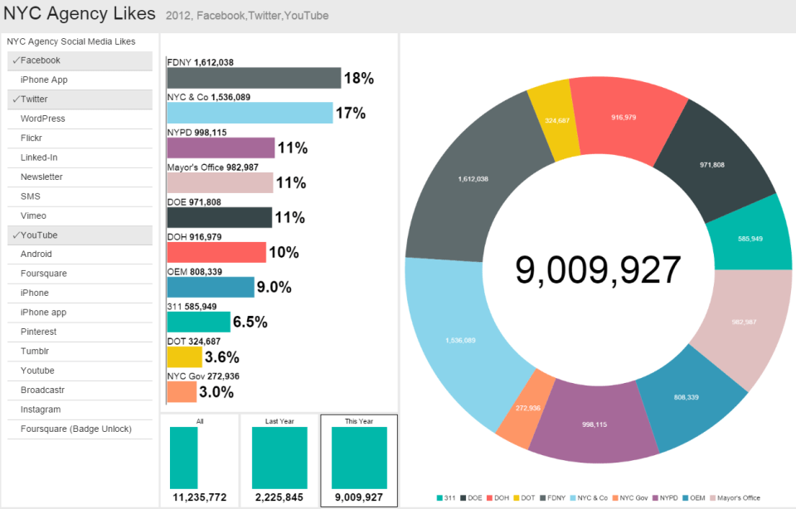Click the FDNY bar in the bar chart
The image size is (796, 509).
click(x=254, y=78)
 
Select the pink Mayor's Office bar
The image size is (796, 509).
click(x=220, y=182)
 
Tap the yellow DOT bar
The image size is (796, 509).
click(x=184, y=357)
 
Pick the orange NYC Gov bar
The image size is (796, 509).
click(x=182, y=392)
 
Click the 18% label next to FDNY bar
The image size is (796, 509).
click(x=359, y=79)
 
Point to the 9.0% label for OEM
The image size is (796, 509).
click(x=274, y=288)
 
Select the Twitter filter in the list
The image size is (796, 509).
click(x=80, y=99)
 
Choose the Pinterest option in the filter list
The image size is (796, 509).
click(x=80, y=332)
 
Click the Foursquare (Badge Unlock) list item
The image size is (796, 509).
click(x=80, y=429)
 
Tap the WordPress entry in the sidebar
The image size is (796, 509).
click(x=80, y=119)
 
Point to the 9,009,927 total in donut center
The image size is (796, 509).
click(x=598, y=270)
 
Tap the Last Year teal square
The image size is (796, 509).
click(x=279, y=458)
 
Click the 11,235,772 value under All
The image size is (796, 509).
click(x=200, y=497)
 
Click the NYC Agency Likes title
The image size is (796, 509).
click(x=80, y=14)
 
